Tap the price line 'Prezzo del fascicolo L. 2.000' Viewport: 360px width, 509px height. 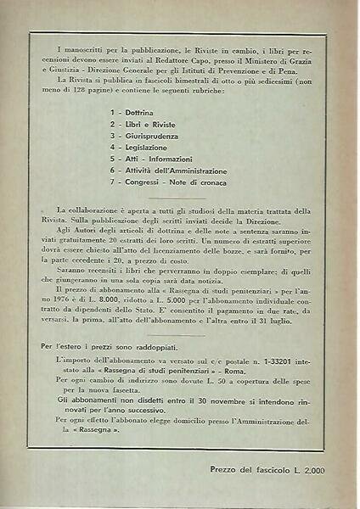[x=263, y=467]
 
